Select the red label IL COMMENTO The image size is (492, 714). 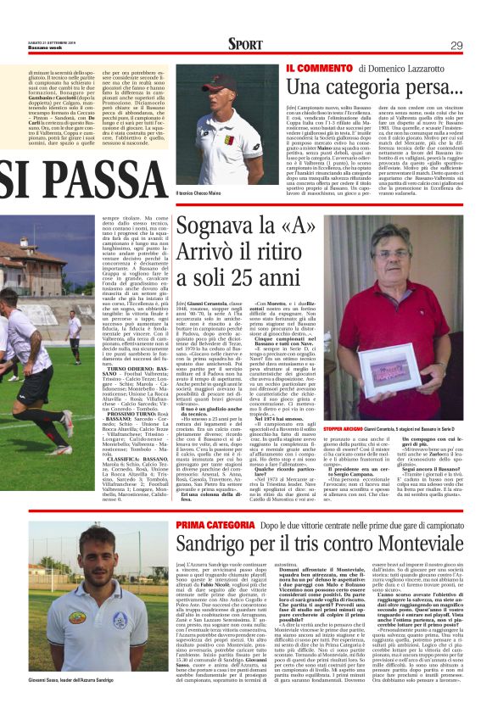point(318,67)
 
